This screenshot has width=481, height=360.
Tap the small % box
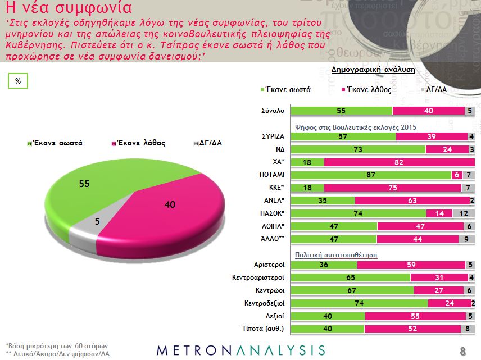[18, 81]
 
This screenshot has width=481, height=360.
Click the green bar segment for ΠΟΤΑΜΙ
[370, 175]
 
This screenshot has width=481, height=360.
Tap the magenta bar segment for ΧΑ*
[400, 162]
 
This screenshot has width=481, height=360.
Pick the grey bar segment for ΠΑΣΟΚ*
[464, 214]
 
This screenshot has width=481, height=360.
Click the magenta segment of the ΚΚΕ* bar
[393, 188]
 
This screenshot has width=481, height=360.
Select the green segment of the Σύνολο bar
[341, 111]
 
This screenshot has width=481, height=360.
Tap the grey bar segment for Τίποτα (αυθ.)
[468, 329]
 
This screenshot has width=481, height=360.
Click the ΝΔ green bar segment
[358, 149]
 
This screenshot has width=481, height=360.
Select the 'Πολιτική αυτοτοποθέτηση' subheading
[336, 254]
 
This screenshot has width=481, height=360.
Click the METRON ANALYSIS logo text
[240, 349]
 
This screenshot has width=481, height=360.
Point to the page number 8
[463, 352]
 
